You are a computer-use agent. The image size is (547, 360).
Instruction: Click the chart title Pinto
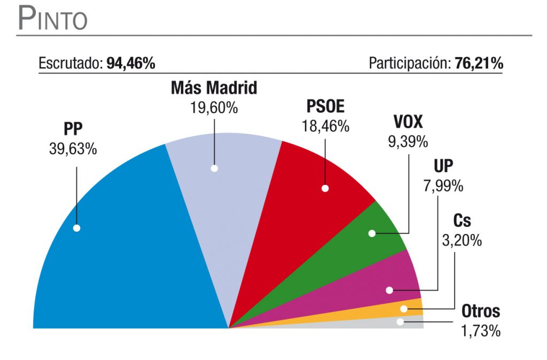[52, 19]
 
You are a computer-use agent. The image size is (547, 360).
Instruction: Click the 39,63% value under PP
[73, 149]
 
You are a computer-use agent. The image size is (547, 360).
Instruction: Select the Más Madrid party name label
[214, 88]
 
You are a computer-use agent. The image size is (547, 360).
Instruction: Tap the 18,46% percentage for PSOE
[325, 127]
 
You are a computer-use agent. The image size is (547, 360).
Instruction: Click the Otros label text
[481, 311]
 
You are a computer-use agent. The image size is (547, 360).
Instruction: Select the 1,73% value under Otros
[481, 331]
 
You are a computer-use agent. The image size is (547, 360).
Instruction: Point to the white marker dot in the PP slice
[76, 228]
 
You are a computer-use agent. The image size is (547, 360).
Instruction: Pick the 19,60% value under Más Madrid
[214, 107]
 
